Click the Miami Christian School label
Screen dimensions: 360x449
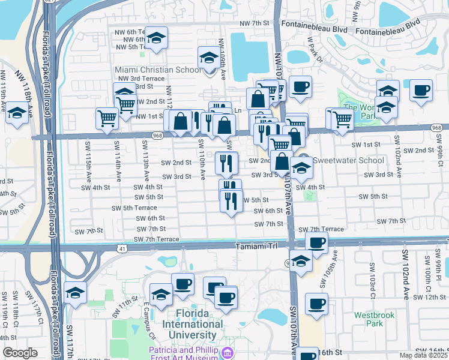158,70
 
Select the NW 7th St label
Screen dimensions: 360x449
252,23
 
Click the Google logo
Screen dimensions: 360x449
20,353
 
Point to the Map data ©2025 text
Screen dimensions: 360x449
424,355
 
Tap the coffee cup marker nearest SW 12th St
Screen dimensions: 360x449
316,303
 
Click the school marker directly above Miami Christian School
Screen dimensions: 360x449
209,57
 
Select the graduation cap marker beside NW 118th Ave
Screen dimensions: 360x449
17,113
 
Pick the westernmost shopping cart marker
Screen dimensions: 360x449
107,118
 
